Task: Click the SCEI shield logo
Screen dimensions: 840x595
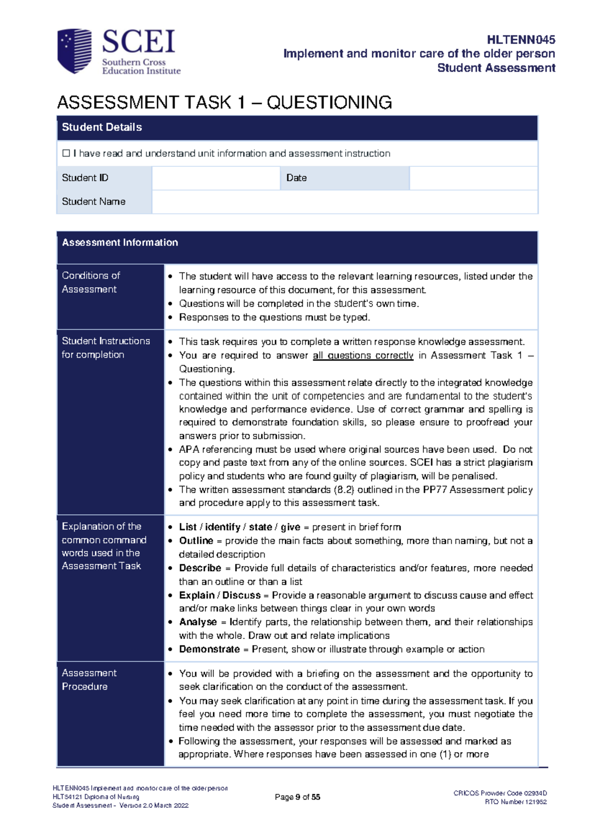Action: (x=74, y=51)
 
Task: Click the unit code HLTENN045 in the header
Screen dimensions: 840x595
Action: (x=521, y=40)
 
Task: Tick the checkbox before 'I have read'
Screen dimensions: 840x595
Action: (x=66, y=154)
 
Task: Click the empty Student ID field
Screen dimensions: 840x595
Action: (x=216, y=178)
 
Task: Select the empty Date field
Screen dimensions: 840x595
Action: (x=474, y=178)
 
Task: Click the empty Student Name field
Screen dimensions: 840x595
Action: (x=345, y=202)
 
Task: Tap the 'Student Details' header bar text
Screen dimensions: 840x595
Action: (x=102, y=127)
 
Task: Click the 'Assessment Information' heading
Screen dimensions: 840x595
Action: (x=119, y=242)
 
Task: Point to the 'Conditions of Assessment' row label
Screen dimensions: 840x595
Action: (x=91, y=282)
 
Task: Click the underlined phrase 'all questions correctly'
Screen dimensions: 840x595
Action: (x=363, y=355)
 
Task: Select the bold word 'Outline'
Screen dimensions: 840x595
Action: (x=196, y=540)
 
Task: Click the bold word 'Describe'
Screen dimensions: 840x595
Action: (x=200, y=568)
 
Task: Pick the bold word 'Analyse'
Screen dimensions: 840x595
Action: (x=198, y=622)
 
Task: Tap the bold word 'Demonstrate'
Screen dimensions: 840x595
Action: (x=209, y=649)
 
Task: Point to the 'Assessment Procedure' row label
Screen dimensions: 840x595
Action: (x=89, y=680)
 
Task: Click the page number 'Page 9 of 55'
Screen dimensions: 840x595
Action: (x=297, y=797)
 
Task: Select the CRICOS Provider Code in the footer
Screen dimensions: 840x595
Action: (x=500, y=793)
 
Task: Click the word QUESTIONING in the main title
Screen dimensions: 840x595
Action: (x=329, y=103)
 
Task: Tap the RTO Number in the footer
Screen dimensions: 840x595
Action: (x=516, y=802)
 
